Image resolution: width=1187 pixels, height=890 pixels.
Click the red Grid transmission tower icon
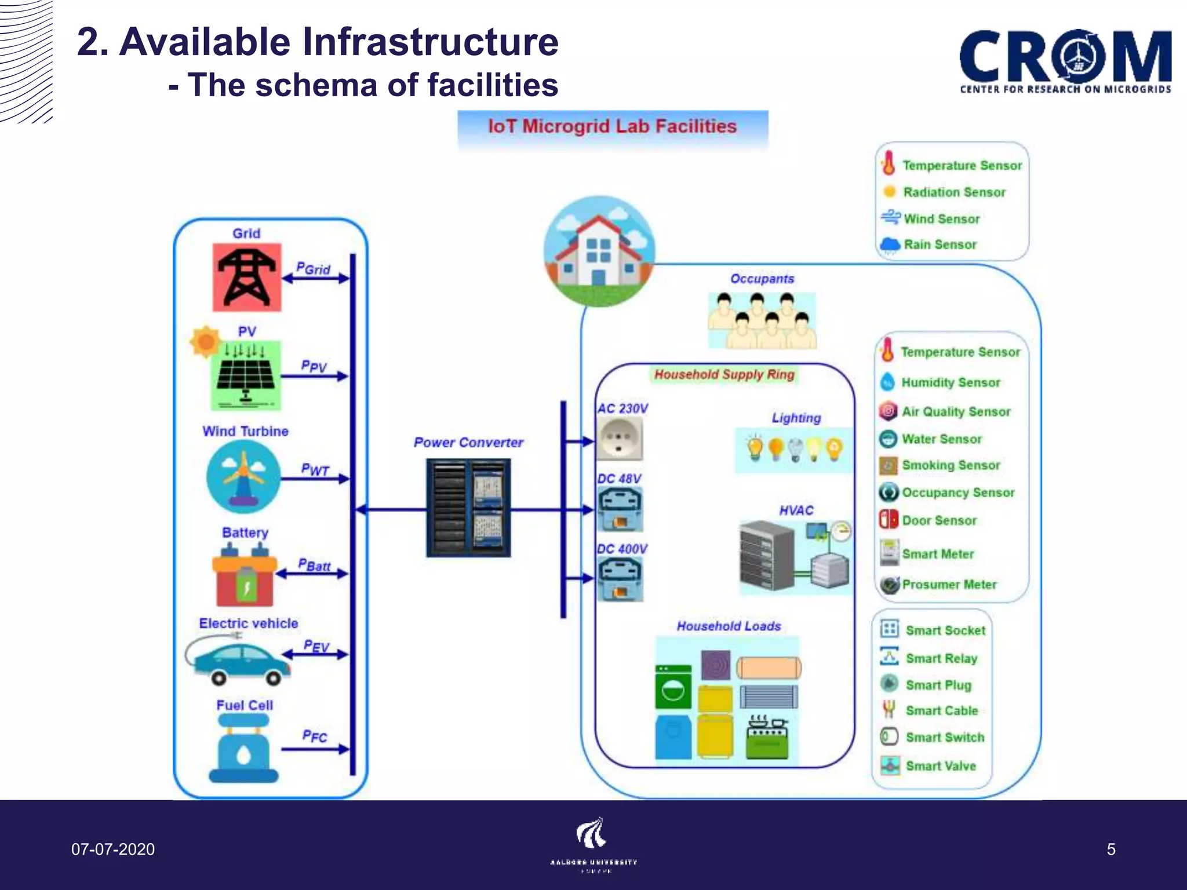click(x=247, y=278)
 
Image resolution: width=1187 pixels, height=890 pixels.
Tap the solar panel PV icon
click(x=246, y=375)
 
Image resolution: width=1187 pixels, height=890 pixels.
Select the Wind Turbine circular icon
click(x=243, y=477)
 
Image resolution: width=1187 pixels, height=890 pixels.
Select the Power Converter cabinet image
click(x=468, y=508)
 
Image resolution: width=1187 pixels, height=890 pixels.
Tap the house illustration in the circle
click(x=599, y=251)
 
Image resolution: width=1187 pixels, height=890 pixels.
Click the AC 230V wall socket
click(x=620, y=439)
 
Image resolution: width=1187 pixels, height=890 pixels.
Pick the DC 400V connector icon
click(x=620, y=578)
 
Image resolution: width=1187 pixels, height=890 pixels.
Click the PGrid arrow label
click(x=314, y=269)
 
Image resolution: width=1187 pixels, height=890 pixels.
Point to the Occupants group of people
click(x=762, y=320)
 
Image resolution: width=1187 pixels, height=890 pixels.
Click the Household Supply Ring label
click(x=724, y=375)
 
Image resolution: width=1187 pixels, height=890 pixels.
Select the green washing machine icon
click(x=673, y=687)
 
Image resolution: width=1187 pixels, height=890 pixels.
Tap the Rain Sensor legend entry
click(x=940, y=245)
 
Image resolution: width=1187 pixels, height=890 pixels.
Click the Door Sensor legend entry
click(x=938, y=520)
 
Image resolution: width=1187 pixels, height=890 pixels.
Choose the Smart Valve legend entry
click(x=940, y=766)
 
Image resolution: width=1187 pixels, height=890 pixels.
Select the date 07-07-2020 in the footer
click(x=113, y=849)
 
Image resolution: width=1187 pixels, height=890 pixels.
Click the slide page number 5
click(x=1110, y=849)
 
